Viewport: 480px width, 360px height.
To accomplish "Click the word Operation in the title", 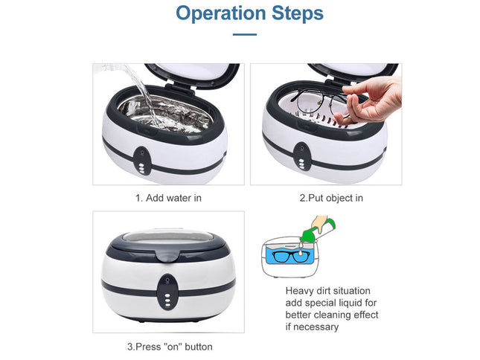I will tap(220, 13).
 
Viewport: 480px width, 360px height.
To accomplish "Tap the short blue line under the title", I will tap(244, 34).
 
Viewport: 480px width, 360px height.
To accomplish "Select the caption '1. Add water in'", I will tap(168, 198).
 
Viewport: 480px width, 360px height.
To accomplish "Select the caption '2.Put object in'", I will tap(330, 198).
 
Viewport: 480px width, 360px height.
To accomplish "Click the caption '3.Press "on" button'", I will tap(170, 347).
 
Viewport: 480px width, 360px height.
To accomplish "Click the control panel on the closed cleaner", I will tap(169, 289).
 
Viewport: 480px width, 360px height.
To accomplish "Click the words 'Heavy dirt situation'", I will tap(327, 291).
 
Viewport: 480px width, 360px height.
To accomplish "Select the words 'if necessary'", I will tap(313, 327).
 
